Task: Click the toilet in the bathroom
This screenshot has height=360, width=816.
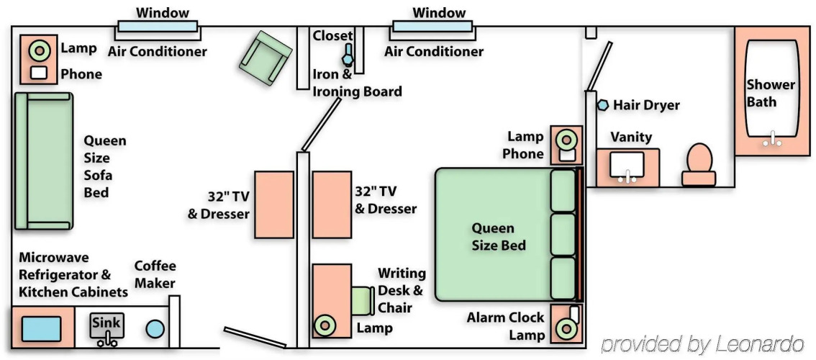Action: pos(699,165)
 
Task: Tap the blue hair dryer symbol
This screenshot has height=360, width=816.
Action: pos(602,105)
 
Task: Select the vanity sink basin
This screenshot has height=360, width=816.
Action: pos(627,164)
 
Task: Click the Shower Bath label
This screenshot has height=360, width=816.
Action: pos(771,93)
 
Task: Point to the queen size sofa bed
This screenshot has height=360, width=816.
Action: pos(42,161)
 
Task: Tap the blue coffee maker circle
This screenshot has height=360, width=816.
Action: pos(155,329)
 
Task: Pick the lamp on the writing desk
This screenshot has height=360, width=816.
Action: pos(325,325)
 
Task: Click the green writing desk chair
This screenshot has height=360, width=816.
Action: pos(363,301)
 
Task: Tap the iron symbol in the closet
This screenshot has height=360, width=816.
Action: pos(348,54)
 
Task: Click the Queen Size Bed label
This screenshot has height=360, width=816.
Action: pos(499,237)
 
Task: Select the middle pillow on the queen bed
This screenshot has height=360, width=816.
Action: pos(563,234)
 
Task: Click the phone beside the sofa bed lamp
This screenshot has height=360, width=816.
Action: pos(39,73)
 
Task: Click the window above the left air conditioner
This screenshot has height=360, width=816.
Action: pos(157,26)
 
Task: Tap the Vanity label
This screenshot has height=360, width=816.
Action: pos(631,137)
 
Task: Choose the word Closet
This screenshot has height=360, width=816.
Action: pos(332,36)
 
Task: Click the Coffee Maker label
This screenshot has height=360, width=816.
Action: pos(155,275)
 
